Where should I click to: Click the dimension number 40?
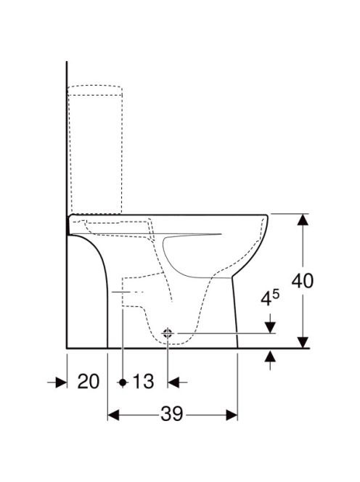(x=303, y=280)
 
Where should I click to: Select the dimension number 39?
(x=171, y=414)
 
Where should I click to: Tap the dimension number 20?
(x=89, y=382)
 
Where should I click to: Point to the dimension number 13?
(x=143, y=382)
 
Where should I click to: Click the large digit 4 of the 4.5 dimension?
(x=266, y=298)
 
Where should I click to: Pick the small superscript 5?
(x=276, y=295)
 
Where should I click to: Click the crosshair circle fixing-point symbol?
(x=168, y=333)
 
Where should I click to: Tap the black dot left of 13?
(x=123, y=383)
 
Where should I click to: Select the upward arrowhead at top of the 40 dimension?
(x=303, y=220)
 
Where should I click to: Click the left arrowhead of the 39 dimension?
(x=113, y=415)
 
